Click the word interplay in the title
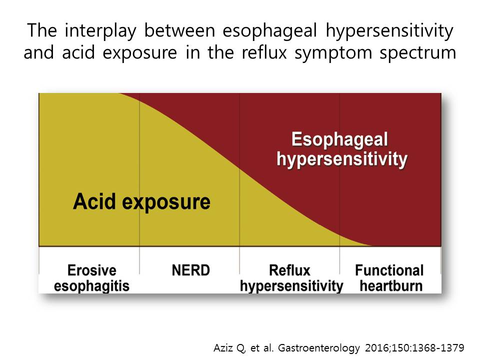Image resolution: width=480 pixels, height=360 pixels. [x=100, y=31]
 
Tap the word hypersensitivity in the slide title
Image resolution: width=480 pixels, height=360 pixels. [x=389, y=31]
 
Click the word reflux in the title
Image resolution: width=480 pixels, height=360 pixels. [x=264, y=52]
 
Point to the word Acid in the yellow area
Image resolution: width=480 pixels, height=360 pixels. [x=94, y=201]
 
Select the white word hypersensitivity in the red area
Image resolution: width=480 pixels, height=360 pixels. [x=342, y=159]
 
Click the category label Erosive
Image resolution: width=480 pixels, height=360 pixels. [x=92, y=270]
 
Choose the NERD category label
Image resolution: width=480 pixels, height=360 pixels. [x=190, y=270]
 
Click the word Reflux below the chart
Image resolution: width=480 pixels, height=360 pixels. [x=289, y=270]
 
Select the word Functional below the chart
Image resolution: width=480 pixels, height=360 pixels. [x=389, y=270]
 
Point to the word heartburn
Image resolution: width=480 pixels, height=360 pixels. [x=391, y=286]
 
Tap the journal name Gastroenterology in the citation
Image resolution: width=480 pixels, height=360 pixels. [x=319, y=348]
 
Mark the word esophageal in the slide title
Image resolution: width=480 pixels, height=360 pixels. [x=269, y=31]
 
